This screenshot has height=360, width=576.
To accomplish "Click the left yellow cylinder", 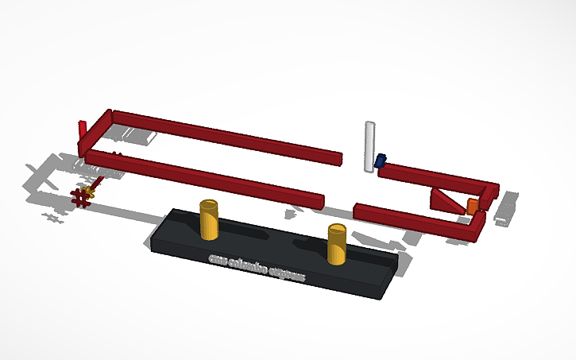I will tap(208, 223).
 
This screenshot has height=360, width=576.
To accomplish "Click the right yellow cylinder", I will tap(337, 247).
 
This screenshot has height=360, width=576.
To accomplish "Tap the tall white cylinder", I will tap(369, 149).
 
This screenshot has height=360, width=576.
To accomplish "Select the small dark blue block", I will tap(381, 161).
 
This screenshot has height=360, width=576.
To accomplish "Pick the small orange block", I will tap(472, 207).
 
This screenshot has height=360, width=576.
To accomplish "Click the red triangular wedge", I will tap(445, 199).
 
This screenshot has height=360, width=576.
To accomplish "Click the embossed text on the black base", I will tap(256, 268).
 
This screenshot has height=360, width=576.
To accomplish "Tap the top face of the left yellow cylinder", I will tap(208, 205).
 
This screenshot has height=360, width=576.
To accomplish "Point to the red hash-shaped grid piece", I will tap(80, 197).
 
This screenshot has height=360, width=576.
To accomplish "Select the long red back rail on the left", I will tap(226, 135).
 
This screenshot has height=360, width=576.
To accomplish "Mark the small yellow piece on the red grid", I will tap(90, 192).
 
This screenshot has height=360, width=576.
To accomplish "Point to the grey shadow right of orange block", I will tap(505, 208).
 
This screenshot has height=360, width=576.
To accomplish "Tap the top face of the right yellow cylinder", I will tap(337, 230).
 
